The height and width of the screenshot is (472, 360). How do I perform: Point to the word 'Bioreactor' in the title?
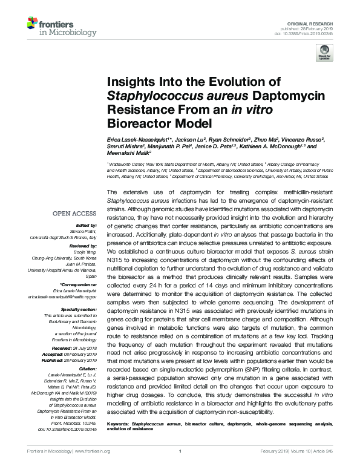(x=139, y=123)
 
